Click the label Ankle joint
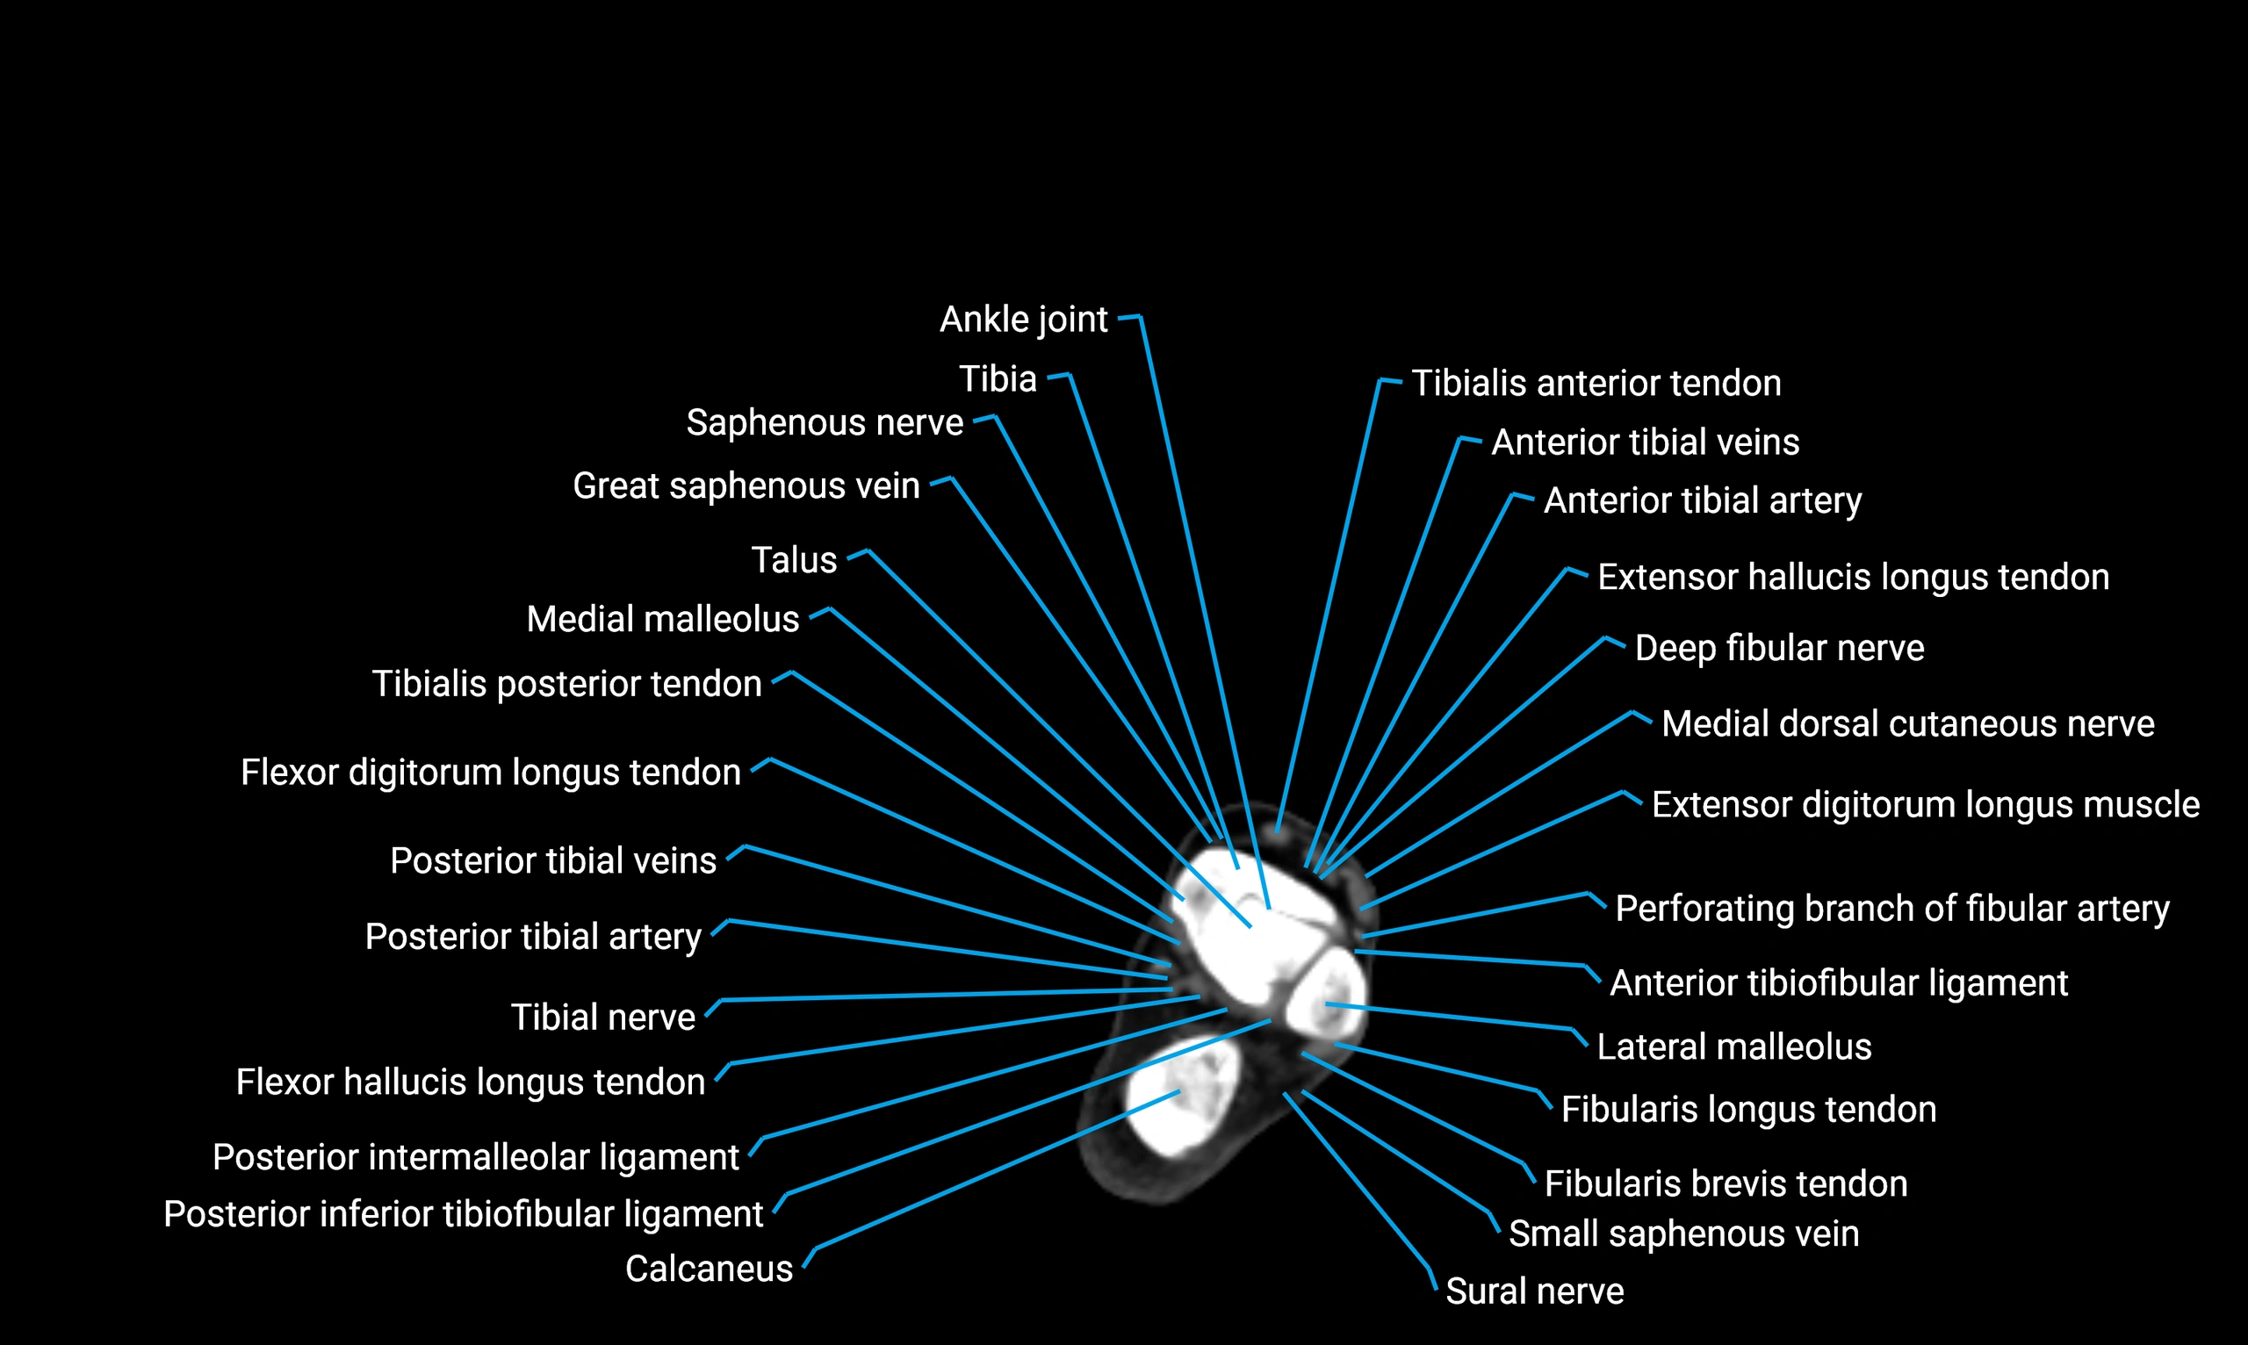coord(1023,320)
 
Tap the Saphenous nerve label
coord(824,423)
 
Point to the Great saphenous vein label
coord(746,485)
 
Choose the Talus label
coord(793,560)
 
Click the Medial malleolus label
coord(663,620)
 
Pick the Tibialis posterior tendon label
coord(566,684)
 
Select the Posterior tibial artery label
coord(533,937)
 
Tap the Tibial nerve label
coord(602,1018)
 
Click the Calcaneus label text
coord(709,1269)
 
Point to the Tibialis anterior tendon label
coord(1596,384)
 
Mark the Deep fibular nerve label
coord(1779,649)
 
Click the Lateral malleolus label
coord(1734,1047)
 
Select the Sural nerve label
coord(1535,1291)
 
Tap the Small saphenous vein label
coord(1683,1234)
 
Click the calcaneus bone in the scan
coord(1178,1101)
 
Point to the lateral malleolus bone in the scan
coord(1327,1002)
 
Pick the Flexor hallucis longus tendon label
coord(471,1082)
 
